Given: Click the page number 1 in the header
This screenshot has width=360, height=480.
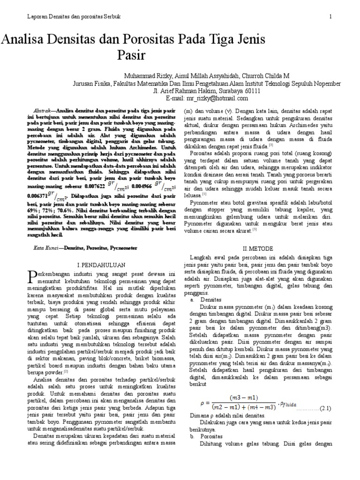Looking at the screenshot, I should tap(330, 17).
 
